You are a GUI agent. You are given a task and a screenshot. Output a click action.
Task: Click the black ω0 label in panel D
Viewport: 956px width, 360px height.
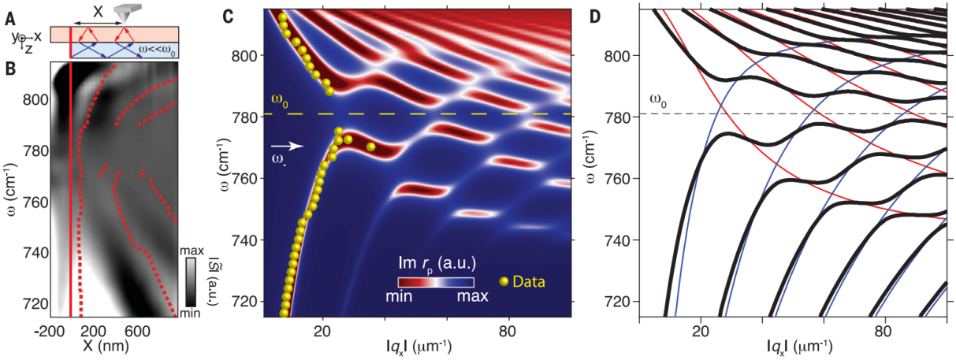coord(658,100)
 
